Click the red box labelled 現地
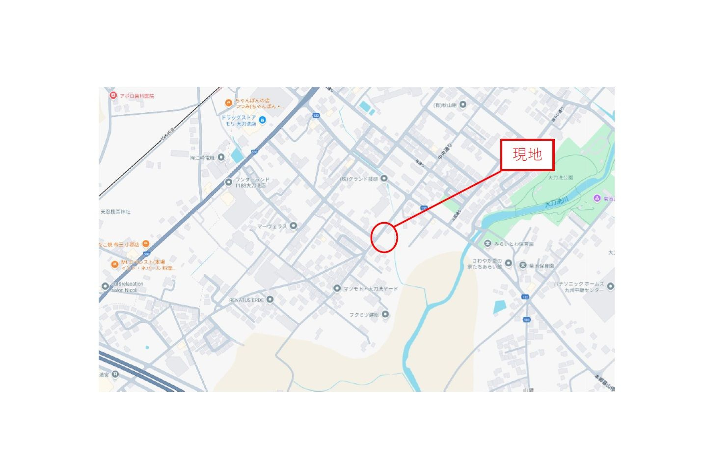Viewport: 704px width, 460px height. pos(527,155)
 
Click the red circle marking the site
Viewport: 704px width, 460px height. pos(383,237)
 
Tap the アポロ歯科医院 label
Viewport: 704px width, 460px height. pos(136,96)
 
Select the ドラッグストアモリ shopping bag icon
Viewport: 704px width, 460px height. pos(262,120)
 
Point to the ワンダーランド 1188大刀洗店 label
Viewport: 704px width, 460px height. pos(252,182)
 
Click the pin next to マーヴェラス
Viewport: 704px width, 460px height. pos(293,226)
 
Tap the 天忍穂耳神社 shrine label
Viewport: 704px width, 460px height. pos(116,212)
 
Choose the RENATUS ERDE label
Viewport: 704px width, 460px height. pos(246,300)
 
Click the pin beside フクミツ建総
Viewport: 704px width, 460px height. pos(385,314)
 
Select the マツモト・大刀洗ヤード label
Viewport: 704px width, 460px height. pos(371,289)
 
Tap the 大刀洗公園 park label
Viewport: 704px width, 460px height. pos(560,178)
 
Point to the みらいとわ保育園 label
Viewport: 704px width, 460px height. pos(514,244)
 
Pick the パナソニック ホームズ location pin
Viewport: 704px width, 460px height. pos(610,286)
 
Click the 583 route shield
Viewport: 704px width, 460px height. pos(527,320)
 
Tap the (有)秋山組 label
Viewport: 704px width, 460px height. pos(445,105)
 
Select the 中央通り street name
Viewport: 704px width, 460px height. pos(444,151)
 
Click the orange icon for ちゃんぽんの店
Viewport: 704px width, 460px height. pos(228,102)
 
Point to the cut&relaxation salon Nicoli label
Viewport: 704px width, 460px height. pos(127,287)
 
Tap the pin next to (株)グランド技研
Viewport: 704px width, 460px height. pos(384,179)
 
